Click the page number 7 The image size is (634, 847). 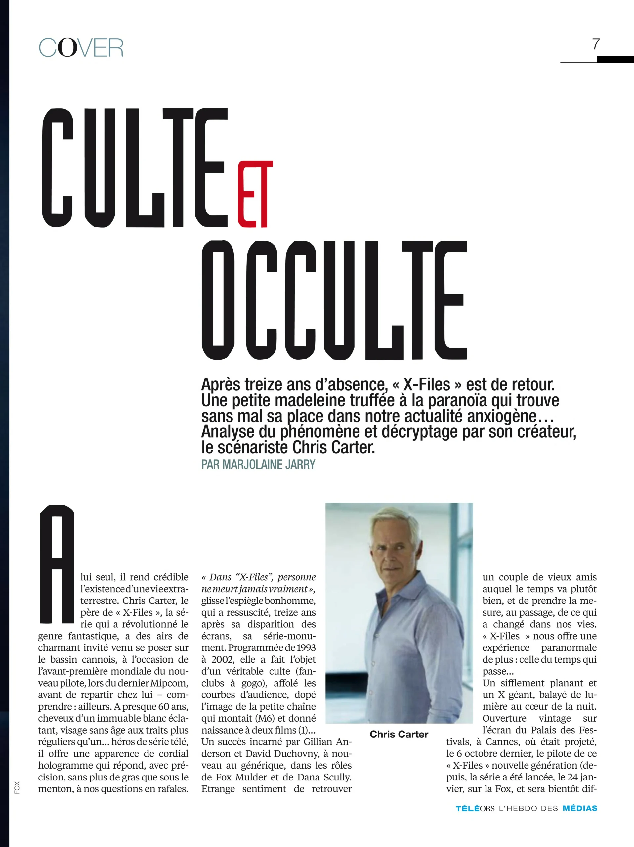595,44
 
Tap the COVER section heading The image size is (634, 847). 81,48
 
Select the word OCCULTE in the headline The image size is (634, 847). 334,300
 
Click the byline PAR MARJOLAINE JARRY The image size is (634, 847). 258,465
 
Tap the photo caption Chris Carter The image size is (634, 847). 399,734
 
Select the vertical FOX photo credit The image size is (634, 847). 17,788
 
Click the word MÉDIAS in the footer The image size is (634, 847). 580,808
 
